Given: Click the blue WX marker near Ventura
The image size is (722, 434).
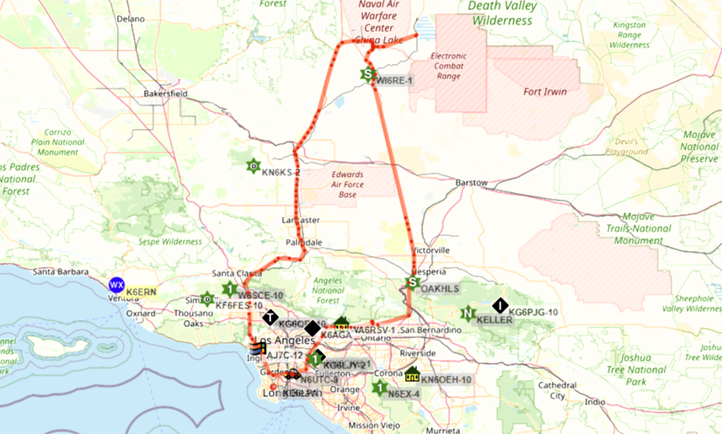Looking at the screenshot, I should point(116,284).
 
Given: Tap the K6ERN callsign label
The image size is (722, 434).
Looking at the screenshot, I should point(142,291).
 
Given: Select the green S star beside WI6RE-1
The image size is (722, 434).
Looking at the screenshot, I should point(367,74).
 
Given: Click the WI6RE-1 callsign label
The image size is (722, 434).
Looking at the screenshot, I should point(394,81).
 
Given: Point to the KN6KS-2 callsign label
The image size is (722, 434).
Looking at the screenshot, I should point(281,173).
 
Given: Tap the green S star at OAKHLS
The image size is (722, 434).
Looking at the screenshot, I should point(412,282).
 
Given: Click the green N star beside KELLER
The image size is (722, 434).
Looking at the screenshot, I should point(468,314).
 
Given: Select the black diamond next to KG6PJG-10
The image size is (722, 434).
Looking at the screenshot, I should point(500,306).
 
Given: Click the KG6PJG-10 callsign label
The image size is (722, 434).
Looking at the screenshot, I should point(535,313).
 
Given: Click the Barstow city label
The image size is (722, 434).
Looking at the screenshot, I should point(471,183).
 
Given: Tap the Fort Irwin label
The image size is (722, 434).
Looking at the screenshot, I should point(545,92).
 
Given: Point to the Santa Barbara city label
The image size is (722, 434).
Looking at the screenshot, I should point(61,272).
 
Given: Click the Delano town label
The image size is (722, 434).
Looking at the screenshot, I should point(131,18).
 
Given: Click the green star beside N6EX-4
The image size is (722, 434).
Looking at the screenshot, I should point(379,388).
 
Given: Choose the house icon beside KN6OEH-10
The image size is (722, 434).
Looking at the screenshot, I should point(412,373).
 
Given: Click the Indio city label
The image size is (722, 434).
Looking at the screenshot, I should point(595,402).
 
